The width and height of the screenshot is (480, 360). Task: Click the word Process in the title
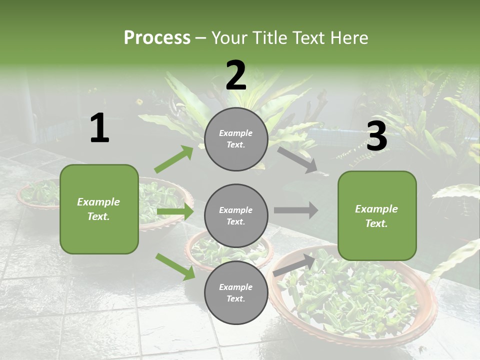157,38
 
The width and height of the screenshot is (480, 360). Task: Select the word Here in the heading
348,38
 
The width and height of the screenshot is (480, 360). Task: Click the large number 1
99,128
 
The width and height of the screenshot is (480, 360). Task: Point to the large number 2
236,75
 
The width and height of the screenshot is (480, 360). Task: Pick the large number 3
376,136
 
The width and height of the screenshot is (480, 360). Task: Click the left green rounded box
99,209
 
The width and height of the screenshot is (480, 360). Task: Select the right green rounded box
377,215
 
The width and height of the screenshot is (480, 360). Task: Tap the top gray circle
236,139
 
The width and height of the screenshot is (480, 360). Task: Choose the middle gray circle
236,215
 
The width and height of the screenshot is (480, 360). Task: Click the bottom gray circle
236,292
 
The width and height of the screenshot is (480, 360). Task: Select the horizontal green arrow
175,212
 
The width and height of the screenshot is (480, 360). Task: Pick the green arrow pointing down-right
175,266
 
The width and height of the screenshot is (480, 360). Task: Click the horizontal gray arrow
296,210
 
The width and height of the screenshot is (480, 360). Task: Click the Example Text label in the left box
98,209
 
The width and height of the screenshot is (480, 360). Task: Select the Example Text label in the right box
376,216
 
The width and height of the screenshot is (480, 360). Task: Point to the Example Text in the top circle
236,139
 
